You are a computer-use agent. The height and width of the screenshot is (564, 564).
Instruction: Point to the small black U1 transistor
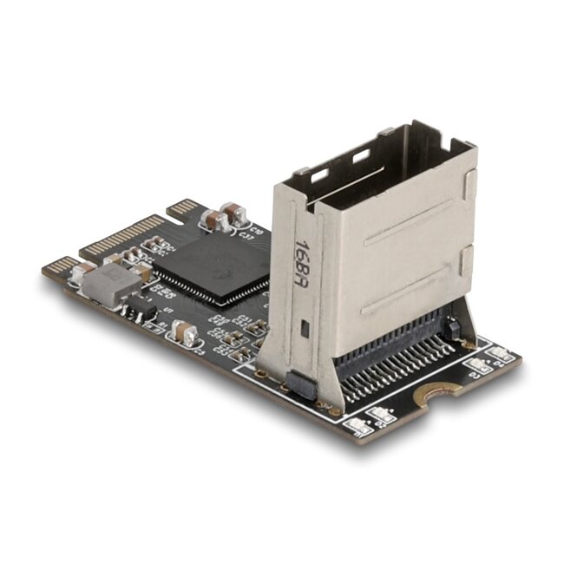coord(141,309)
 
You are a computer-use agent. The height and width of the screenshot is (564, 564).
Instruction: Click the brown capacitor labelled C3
coord(184,331)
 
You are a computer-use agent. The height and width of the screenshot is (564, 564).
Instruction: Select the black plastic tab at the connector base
coord(299,384)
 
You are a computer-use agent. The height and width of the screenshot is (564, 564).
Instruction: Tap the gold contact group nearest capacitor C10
coord(183,208)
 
